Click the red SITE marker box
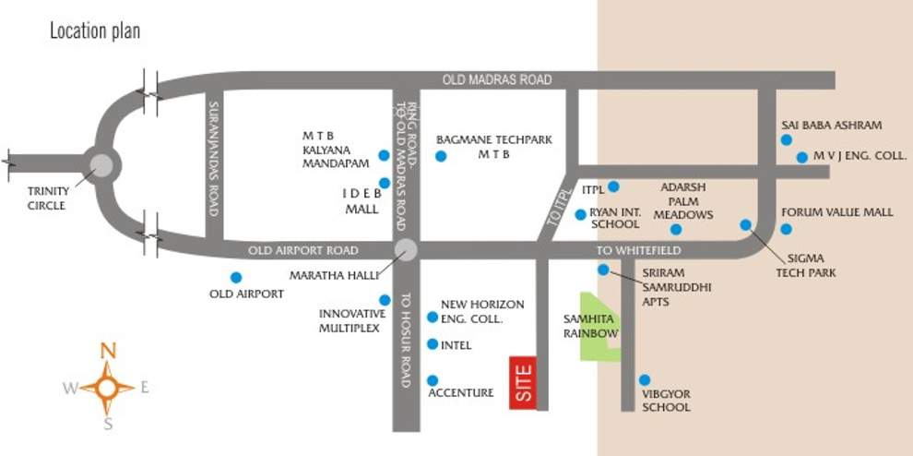click(x=523, y=382)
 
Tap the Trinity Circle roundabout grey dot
click(x=101, y=165)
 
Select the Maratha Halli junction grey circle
click(x=405, y=249)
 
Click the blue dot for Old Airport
click(x=236, y=277)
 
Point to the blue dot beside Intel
click(x=433, y=344)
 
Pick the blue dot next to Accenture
click(x=433, y=380)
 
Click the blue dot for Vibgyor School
click(x=645, y=379)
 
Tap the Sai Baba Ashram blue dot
click(x=786, y=139)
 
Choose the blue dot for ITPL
click(x=613, y=187)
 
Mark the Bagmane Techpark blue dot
click(x=441, y=156)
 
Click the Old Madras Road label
click(x=497, y=80)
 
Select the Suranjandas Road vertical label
click(x=212, y=159)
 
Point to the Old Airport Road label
click(x=302, y=250)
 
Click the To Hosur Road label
click(x=406, y=329)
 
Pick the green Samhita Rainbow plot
click(x=599, y=328)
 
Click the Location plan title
click(x=95, y=31)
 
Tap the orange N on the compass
click(x=108, y=351)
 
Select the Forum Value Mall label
click(x=837, y=212)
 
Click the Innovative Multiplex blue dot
click(x=385, y=300)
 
